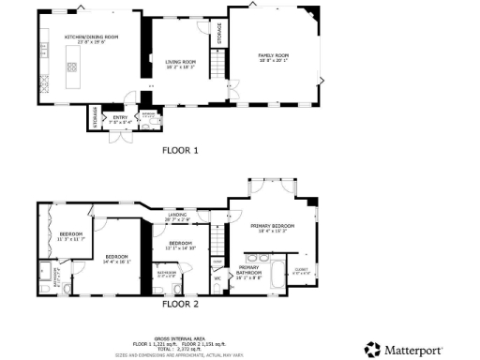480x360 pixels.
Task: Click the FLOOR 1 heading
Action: click(x=180, y=150)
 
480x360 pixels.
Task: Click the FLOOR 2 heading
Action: click(x=180, y=304)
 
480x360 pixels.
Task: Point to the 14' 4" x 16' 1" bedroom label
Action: click(x=116, y=259)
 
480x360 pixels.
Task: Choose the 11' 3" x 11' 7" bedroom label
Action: click(x=71, y=236)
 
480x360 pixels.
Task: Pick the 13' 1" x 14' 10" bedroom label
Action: click(x=180, y=246)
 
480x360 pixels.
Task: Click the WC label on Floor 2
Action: click(x=217, y=277)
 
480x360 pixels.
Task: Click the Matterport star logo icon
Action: click(x=372, y=349)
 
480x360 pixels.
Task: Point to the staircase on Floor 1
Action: click(x=218, y=66)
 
